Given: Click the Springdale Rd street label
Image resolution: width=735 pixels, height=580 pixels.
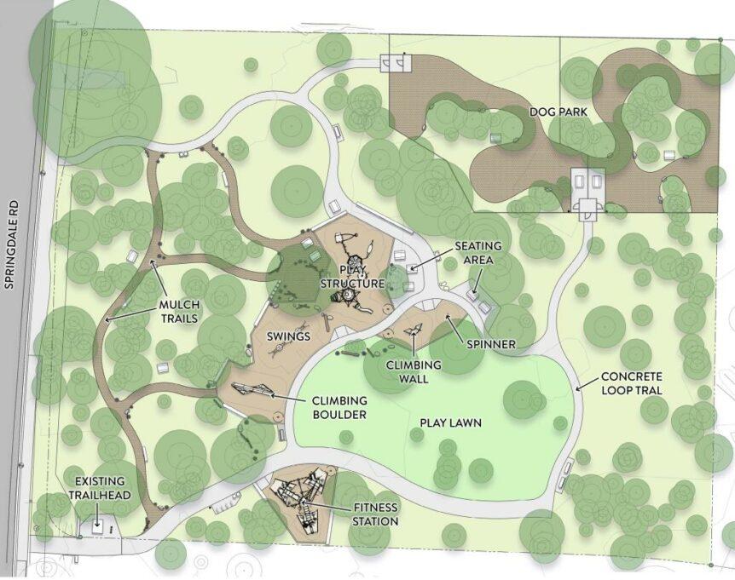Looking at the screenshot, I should coord(10,247).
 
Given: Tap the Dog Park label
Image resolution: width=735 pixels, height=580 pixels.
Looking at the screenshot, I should coord(558,112).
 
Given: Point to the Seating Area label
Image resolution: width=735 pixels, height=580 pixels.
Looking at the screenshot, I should coord(477,252).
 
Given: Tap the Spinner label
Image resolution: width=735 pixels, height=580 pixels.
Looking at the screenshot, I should coord(491,344).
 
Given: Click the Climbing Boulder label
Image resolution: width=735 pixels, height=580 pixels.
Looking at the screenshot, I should coord(339,407).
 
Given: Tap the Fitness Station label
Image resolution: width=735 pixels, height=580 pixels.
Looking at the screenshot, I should coord(374,514).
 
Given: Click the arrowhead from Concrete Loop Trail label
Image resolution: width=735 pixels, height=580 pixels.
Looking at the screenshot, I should coord(576,388).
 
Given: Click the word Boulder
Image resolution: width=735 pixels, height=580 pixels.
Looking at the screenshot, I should coord(339,414).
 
